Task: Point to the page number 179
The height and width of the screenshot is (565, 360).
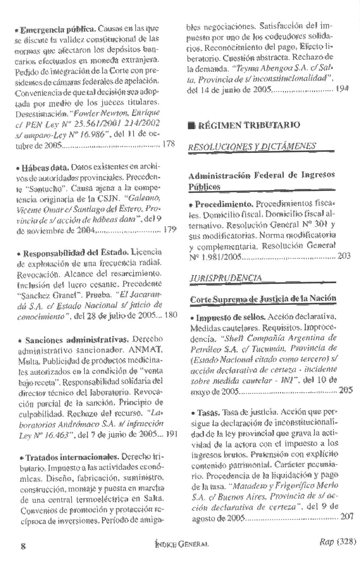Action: tap(170, 230)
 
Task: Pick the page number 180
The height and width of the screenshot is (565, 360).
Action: tap(171, 315)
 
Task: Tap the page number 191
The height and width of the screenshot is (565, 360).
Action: tap(172, 434)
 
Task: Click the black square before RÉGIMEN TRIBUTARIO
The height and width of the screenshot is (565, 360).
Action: tap(191, 125)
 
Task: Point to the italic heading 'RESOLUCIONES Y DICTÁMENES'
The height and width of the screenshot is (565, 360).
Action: tap(252, 146)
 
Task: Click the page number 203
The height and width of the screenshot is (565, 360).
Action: tap(344, 256)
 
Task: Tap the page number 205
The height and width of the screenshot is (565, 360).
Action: tap(346, 390)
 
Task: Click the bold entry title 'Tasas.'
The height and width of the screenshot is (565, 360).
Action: tap(209, 412)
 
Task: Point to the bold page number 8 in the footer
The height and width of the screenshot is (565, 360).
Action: tap(23, 546)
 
